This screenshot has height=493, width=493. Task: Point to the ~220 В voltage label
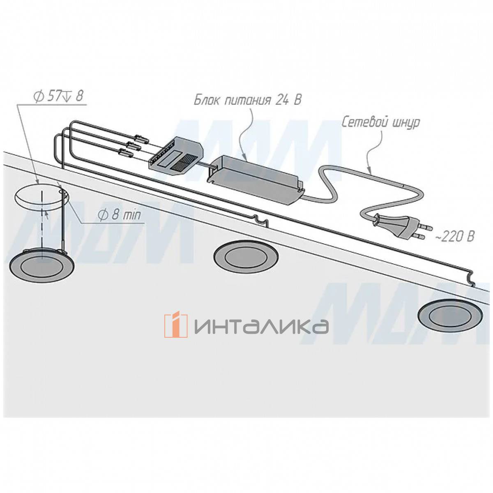pos(455,236)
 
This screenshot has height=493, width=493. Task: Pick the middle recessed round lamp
pos(245,256)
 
